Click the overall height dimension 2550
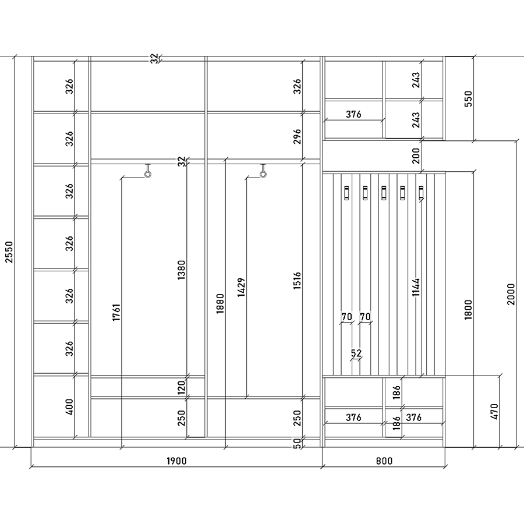[x=9, y=252]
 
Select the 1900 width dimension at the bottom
[x=176, y=461]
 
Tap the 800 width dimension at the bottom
[x=384, y=461]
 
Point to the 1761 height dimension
[x=116, y=313]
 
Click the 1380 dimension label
[x=181, y=270]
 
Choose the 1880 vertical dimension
[x=220, y=303]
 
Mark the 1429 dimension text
[x=241, y=287]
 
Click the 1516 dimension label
[x=297, y=281]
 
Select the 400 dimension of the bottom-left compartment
[x=69, y=407]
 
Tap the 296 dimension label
[x=297, y=136]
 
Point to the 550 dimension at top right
[x=469, y=98]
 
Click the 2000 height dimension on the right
[x=511, y=294]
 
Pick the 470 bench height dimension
[x=495, y=412]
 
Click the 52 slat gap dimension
[x=356, y=353]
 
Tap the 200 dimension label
[x=416, y=155]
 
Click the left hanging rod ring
[x=148, y=174]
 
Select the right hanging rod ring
[x=263, y=174]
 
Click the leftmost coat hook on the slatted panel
[x=346, y=193]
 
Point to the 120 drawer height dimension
[x=181, y=387]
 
